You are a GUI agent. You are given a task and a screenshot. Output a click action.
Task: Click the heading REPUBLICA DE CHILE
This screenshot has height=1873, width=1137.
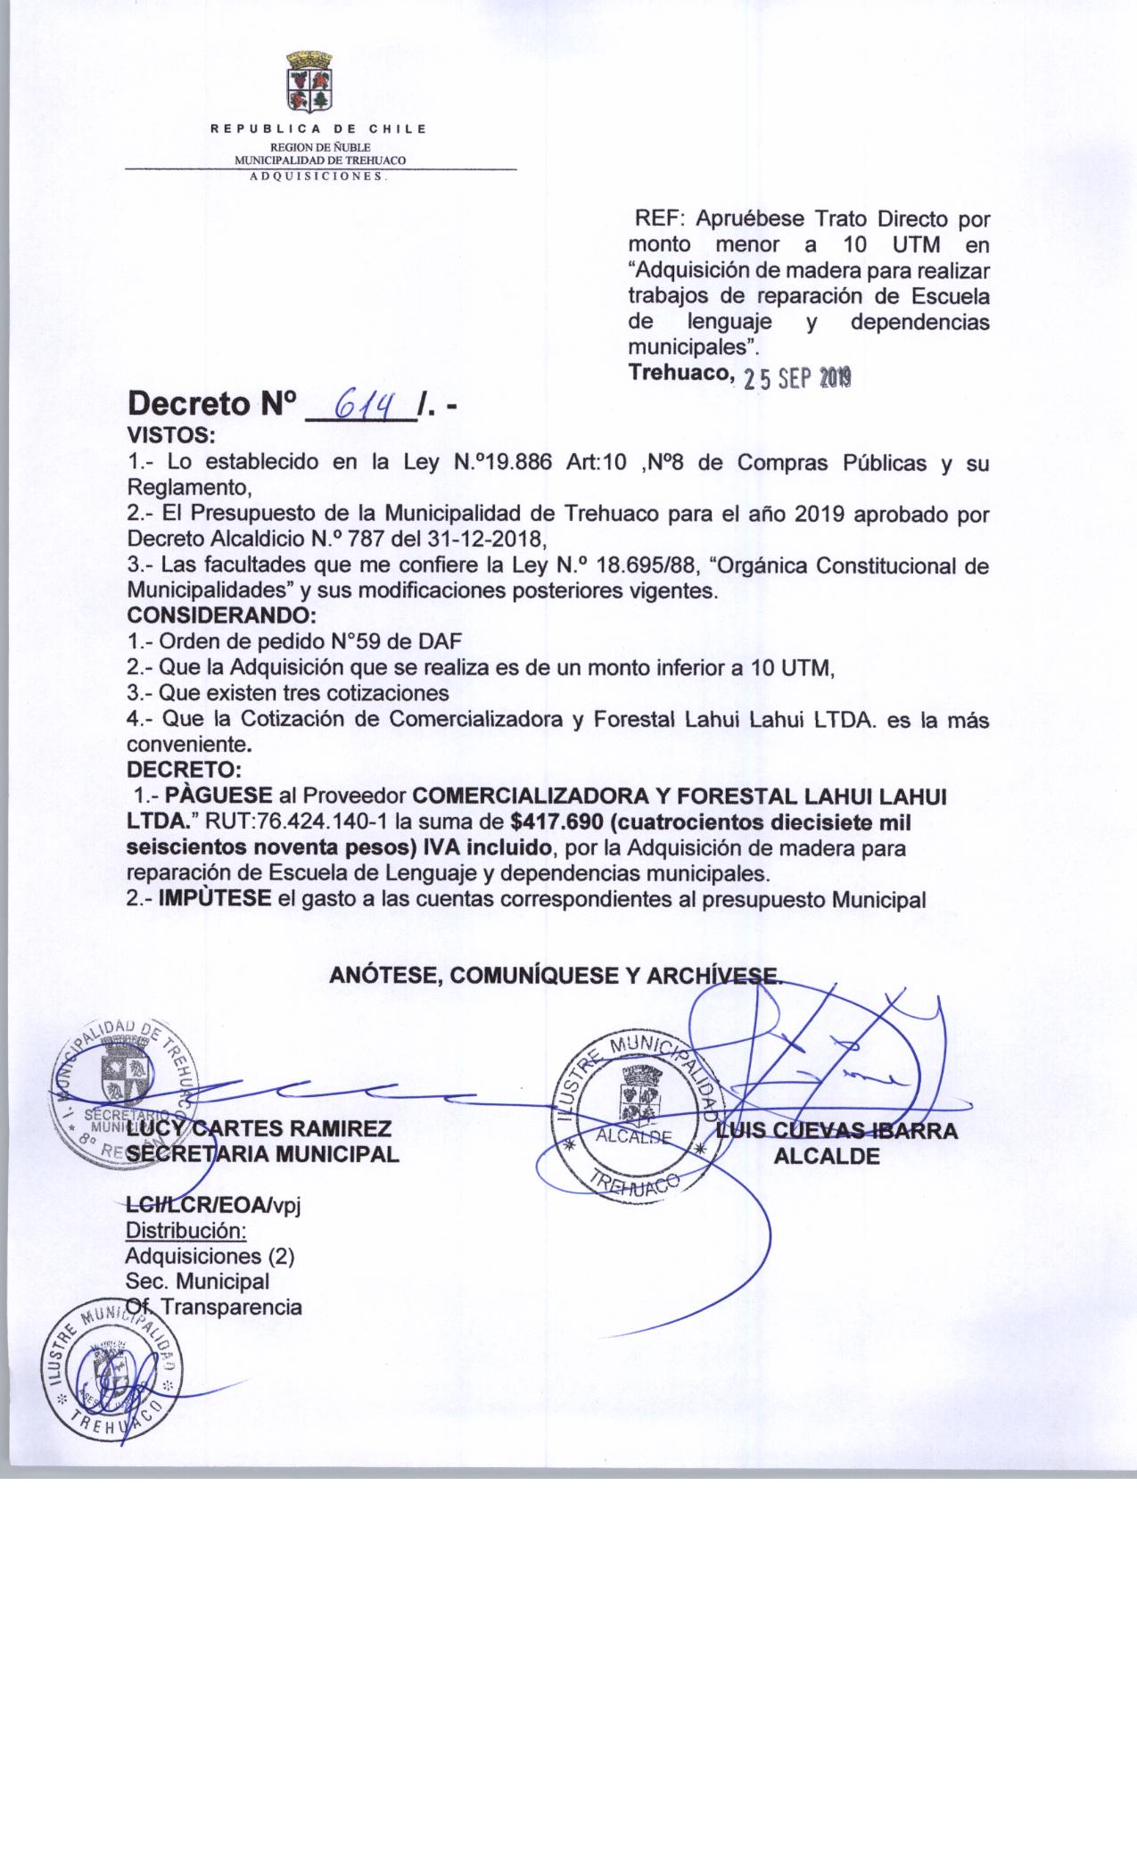point(318,129)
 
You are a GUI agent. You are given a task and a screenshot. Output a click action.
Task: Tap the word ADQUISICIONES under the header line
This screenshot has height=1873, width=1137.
point(317,176)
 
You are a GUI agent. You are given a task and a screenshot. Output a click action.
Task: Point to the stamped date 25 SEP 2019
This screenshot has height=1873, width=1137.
point(799,379)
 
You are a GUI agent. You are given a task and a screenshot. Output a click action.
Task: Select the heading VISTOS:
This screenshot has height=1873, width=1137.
point(171,437)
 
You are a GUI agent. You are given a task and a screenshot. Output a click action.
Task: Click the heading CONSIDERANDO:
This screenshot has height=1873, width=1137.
point(222,615)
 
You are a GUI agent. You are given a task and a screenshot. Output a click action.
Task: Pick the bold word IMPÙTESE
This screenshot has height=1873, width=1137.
point(215,899)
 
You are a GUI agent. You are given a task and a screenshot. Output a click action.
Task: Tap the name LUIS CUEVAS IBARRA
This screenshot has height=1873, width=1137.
point(837,1131)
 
